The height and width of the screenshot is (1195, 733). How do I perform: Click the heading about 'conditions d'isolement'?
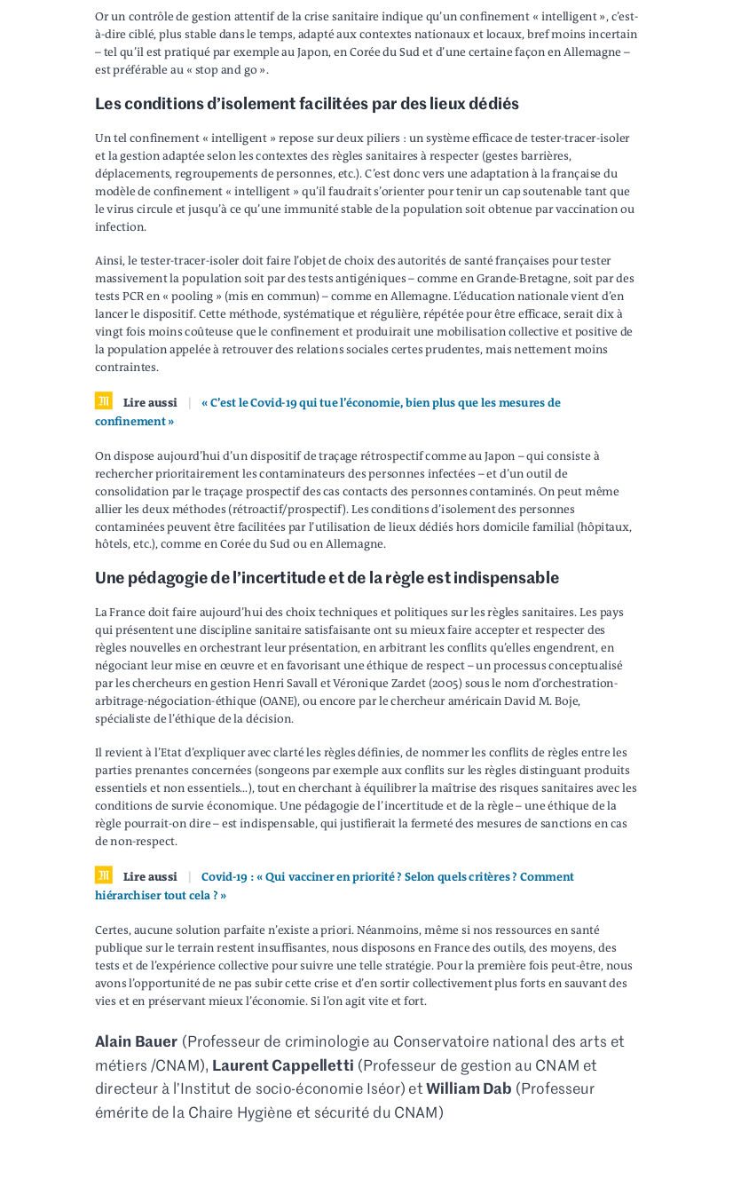click(x=307, y=104)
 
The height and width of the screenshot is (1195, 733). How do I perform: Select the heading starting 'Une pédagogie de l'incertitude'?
click(x=327, y=578)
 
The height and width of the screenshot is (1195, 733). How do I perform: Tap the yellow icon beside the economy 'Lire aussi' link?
click(x=104, y=401)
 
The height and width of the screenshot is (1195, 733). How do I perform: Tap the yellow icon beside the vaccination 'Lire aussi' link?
click(x=104, y=875)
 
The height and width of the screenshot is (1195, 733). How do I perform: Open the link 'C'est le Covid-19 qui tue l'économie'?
click(x=381, y=403)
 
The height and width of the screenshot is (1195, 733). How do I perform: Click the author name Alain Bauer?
click(x=136, y=1041)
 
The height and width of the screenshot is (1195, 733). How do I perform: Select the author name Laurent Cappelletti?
click(x=282, y=1065)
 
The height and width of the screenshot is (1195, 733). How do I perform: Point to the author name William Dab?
click(x=469, y=1088)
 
